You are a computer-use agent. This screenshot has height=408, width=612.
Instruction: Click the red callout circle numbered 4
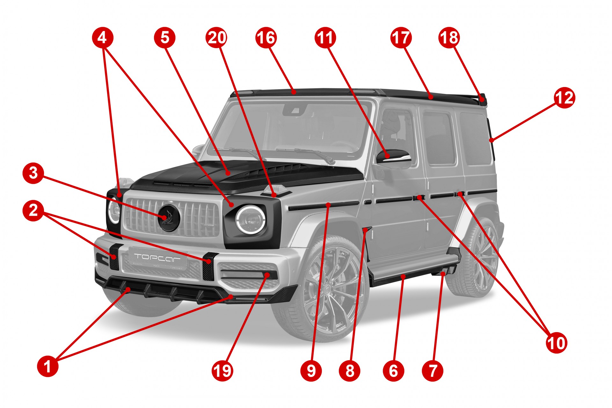(102, 38)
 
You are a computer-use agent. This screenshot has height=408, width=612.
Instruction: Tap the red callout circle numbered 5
(164, 37)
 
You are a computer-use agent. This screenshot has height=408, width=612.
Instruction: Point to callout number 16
(266, 38)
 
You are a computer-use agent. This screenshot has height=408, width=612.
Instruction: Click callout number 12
(565, 98)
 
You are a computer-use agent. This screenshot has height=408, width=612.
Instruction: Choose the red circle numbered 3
(33, 173)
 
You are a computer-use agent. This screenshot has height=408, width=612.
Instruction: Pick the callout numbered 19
(222, 371)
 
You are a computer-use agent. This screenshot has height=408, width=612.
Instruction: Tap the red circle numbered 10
(557, 343)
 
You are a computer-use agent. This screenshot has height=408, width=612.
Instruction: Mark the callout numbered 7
(433, 371)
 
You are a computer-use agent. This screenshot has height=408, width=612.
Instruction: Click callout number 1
(48, 366)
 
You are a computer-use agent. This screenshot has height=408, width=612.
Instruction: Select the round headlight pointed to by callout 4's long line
(250, 220)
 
